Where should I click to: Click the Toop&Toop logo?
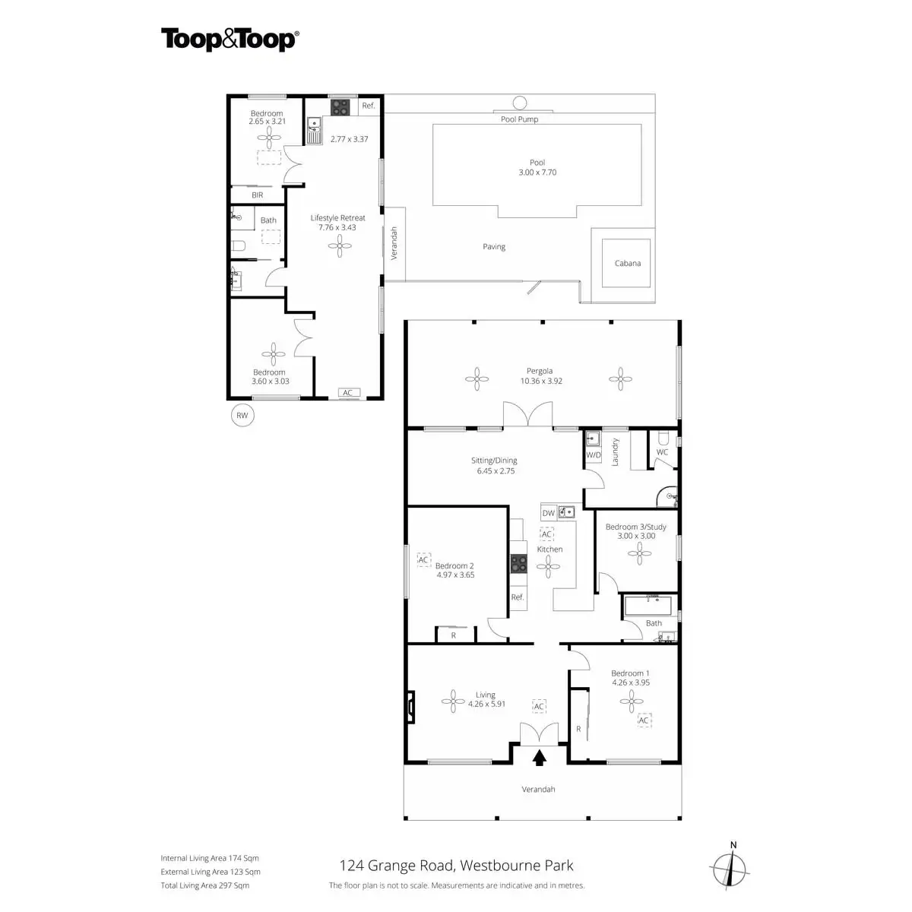tap(230, 40)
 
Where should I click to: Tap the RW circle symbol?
tap(242, 415)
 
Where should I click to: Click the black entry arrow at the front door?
tap(540, 758)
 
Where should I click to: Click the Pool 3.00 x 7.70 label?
tap(537, 167)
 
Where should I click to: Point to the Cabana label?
tap(628, 263)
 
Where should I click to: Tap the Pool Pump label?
tap(520, 119)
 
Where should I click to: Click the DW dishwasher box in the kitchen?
tap(549, 513)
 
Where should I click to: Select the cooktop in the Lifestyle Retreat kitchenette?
tap(340, 107)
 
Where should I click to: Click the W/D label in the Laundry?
tap(594, 454)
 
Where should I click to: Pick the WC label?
tap(662, 452)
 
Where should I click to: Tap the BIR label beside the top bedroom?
tap(258, 195)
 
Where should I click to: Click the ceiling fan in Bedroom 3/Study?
tap(639, 553)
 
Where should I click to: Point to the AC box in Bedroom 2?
tap(423, 560)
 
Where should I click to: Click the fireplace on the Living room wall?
tap(411, 707)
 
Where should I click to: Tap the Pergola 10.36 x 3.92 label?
tap(541, 375)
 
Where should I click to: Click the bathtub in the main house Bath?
tap(648, 606)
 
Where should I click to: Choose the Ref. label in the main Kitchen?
tap(518, 597)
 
